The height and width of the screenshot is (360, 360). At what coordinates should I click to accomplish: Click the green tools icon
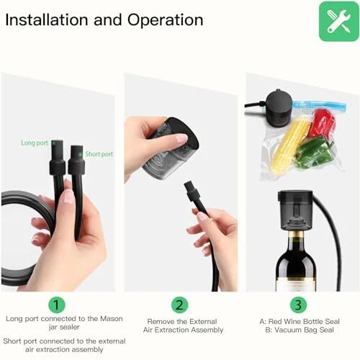coord(338,21)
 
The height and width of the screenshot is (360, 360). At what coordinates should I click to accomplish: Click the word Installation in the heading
coord(47,19)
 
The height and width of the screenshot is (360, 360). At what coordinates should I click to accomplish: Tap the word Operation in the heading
coord(166,20)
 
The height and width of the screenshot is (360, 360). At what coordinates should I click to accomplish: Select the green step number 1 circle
coord(57,305)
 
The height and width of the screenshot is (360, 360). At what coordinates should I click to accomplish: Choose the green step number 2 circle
coord(179,305)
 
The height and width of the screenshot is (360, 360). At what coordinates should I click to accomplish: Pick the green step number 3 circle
coord(298,305)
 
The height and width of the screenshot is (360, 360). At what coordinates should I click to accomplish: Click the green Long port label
coord(35,143)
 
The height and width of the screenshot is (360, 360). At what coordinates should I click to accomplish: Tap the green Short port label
coord(99,154)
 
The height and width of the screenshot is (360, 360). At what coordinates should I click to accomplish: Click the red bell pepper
coord(323,122)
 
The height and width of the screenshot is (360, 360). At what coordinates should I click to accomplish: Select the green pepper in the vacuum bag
coord(314,150)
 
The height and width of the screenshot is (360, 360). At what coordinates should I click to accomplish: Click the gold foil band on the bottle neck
coord(297,233)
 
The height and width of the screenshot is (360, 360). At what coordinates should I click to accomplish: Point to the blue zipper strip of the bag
coord(320,105)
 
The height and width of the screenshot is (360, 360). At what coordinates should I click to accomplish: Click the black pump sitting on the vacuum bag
coord(279,109)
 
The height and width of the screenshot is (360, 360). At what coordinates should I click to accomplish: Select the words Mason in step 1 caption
coord(112,319)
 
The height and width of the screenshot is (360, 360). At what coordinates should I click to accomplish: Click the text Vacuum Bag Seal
coord(304,330)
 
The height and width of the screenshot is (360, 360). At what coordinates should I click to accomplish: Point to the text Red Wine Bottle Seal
coord(304,321)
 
